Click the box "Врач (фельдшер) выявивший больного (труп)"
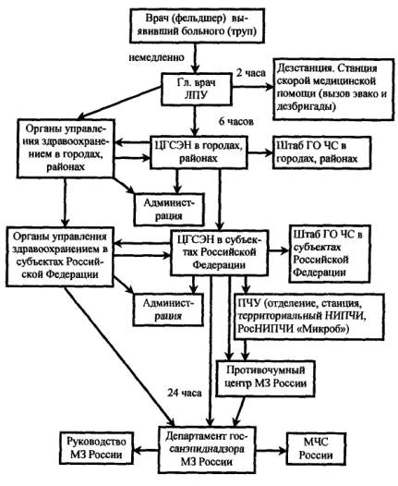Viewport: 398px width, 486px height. tap(198, 26)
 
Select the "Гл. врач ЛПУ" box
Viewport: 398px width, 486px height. tap(197, 89)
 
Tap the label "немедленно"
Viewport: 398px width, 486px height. tap(156, 57)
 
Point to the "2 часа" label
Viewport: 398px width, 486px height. tap(251, 73)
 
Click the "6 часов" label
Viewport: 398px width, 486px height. tap(236, 121)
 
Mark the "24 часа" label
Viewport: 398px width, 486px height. tap(185, 393)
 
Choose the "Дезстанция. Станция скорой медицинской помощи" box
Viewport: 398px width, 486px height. tap(333, 89)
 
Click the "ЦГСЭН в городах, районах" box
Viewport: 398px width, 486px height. tap(199, 152)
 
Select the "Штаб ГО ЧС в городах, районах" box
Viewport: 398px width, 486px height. tap(321, 152)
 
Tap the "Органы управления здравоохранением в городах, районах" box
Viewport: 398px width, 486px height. tap(65, 149)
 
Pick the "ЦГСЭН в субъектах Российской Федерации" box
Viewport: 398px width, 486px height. tap(219, 252)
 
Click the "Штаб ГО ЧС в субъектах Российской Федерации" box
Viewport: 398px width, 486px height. tap(330, 254)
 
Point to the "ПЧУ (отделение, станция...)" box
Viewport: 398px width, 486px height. tap(308, 317)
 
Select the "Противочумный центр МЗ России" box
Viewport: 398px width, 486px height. tap(265, 378)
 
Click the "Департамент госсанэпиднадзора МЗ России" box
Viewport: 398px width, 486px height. tap(208, 449)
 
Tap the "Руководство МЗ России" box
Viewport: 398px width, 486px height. tap(96, 448)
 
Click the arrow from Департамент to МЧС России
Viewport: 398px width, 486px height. tap(271, 450)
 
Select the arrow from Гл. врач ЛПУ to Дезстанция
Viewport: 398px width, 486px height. tap(252, 87)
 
